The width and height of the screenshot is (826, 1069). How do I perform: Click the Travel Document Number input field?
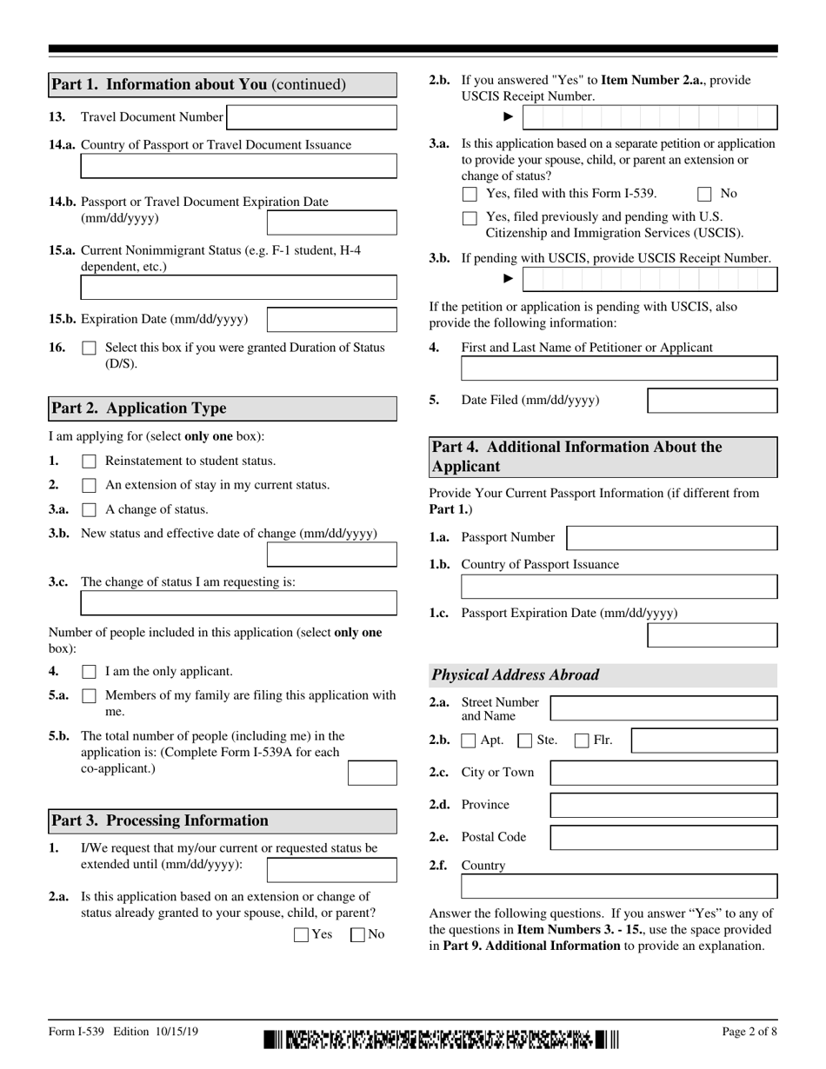point(311,117)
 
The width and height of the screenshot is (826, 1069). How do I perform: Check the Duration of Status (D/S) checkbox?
point(89,349)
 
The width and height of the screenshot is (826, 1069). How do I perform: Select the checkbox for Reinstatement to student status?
point(89,461)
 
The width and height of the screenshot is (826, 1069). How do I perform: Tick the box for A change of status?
point(89,510)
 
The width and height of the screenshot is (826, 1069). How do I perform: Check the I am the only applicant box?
point(89,672)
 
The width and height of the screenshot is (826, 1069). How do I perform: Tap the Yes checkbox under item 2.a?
point(302,935)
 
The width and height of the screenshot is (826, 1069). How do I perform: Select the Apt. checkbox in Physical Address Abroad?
point(469,741)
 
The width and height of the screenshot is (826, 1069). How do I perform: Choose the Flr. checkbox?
point(582,741)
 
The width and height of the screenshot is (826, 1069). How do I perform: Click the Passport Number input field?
point(671,538)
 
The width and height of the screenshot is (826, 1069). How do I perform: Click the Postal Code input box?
point(664,838)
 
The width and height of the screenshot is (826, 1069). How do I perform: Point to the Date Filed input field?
point(713,401)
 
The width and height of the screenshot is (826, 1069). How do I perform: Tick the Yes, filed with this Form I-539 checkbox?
point(470,195)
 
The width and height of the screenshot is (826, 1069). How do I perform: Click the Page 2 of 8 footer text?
point(749,1032)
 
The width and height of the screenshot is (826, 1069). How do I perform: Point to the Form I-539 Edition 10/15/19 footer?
point(123,1032)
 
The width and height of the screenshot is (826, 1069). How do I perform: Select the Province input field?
point(664,806)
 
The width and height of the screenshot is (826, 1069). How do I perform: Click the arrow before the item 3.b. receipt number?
point(509,279)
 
